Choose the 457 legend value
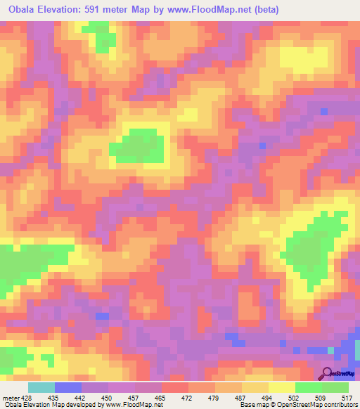click(134, 398)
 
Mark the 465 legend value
click(161, 398)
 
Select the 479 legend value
click(215, 398)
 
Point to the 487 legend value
click(242, 398)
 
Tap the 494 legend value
click(269, 398)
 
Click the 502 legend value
click(295, 398)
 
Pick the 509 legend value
click(322, 398)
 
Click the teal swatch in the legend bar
click(41, 387)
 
